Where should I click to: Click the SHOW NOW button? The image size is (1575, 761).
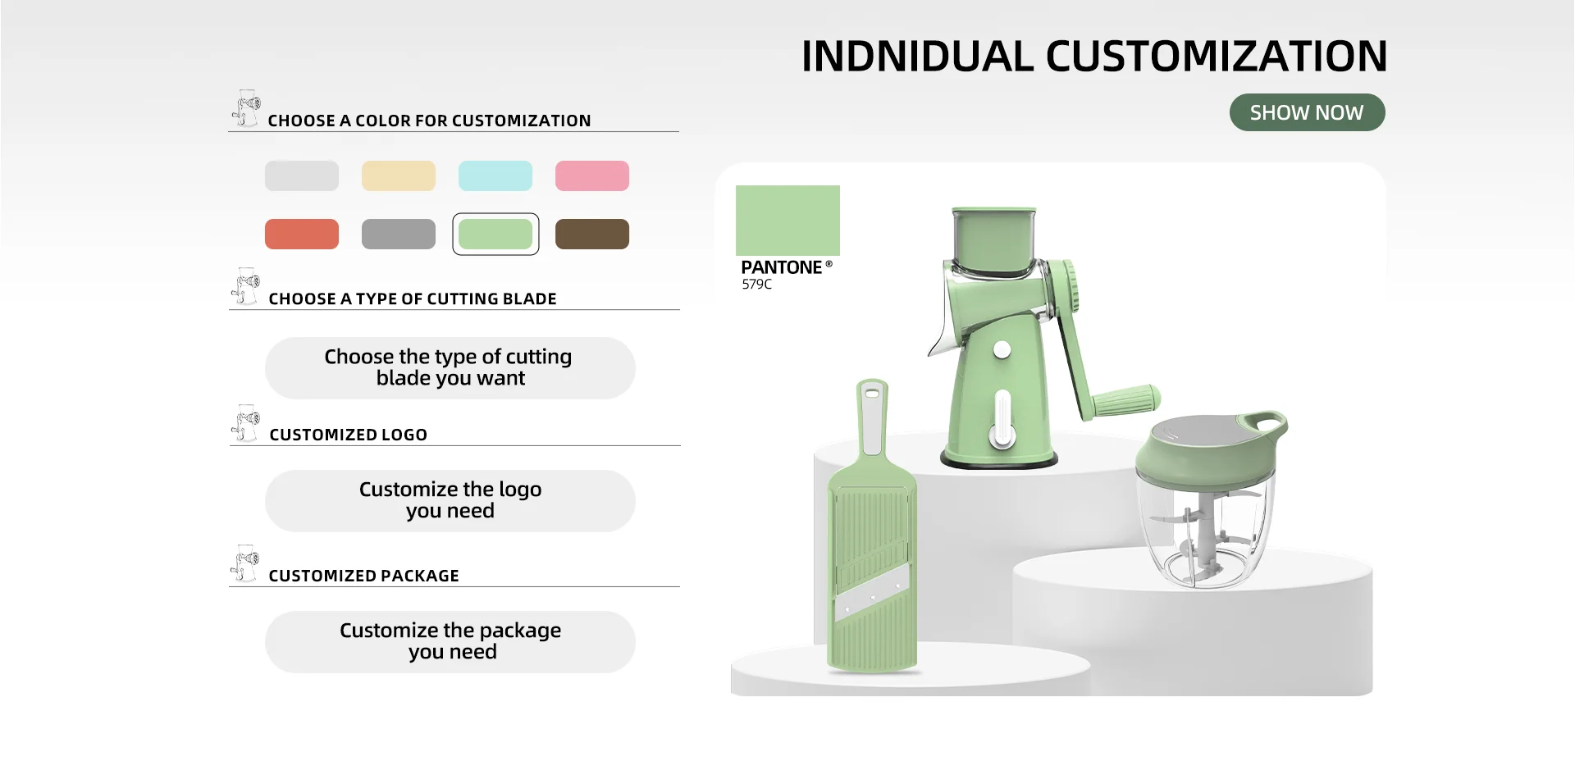coord(1307,112)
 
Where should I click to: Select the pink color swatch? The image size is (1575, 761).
coord(591,175)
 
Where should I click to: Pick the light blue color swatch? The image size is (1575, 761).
coord(495,175)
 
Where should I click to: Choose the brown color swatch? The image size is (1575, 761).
coord(591,234)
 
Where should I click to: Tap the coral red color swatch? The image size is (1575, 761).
coord(301,234)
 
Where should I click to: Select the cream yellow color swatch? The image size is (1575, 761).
coord(398,175)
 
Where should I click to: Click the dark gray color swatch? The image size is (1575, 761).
coord(398,234)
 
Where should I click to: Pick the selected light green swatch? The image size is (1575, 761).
coord(495,234)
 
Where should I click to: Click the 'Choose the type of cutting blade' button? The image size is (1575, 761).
coord(450,367)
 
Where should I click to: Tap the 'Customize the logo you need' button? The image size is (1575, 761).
coord(450,500)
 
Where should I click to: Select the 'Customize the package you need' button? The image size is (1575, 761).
coord(450,641)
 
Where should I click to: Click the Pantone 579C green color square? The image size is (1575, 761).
coord(787,220)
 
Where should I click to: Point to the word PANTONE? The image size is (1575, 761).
coord(781,267)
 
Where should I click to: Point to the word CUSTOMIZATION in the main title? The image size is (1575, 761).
coord(1216,56)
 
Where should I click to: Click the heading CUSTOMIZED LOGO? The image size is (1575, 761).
coord(348,435)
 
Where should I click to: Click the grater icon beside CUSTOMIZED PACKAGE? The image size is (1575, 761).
coord(244,563)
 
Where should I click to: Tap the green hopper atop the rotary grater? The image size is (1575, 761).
coord(994,241)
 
